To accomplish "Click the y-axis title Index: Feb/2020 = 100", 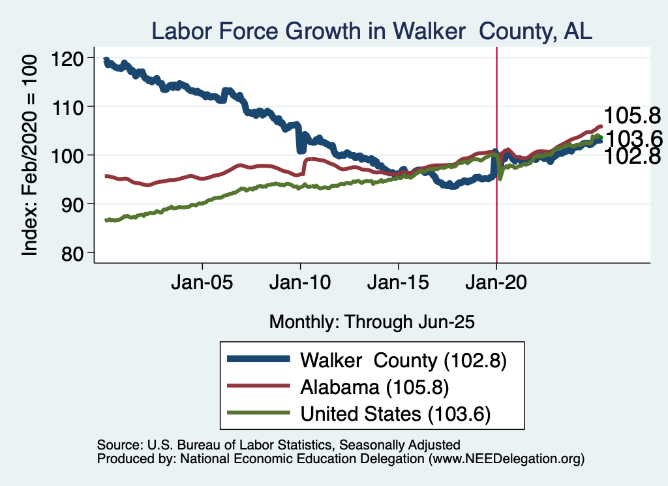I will (x=30, y=155).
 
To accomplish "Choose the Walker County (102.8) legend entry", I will (x=402, y=359).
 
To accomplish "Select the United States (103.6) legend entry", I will (x=395, y=413).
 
